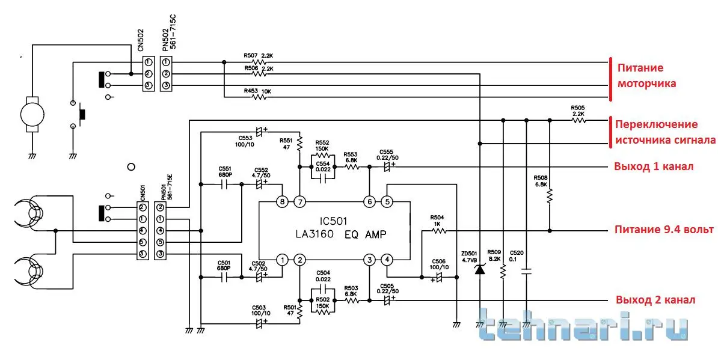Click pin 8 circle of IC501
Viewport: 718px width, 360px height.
(x=281, y=202)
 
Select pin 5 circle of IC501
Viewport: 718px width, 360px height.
(x=388, y=202)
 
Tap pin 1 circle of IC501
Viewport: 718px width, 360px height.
(x=281, y=260)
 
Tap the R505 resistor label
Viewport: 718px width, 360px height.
(x=578, y=108)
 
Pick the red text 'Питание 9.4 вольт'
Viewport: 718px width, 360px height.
(x=664, y=230)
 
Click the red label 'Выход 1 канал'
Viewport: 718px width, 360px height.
(x=654, y=166)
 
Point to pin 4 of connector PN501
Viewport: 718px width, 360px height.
(x=160, y=231)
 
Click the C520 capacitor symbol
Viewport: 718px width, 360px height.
(x=526, y=272)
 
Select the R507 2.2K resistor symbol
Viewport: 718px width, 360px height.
(x=259, y=62)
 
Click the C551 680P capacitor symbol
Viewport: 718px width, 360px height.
(x=224, y=185)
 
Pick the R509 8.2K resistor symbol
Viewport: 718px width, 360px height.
(x=503, y=272)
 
